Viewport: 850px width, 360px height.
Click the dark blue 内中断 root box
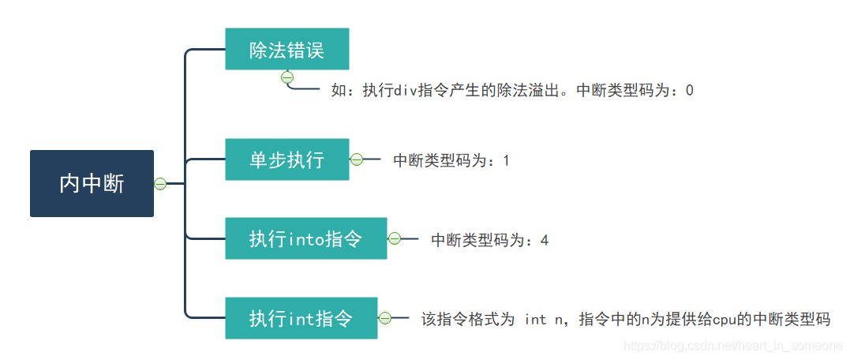(x=92, y=183)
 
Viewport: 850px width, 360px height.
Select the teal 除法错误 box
(x=286, y=49)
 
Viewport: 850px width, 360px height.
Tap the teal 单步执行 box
(x=286, y=159)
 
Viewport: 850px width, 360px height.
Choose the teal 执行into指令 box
(x=305, y=238)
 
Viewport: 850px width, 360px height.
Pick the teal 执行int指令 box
(x=301, y=318)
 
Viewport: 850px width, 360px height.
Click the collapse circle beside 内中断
(x=160, y=184)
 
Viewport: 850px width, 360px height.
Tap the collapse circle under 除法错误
(x=287, y=77)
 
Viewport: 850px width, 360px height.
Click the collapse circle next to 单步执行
(x=356, y=159)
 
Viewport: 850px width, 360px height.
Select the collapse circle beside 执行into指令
(x=394, y=238)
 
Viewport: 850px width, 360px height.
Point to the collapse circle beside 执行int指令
(x=385, y=318)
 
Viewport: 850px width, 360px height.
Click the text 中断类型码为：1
(x=451, y=160)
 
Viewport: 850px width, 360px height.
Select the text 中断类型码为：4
(x=489, y=240)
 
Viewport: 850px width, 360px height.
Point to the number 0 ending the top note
(x=689, y=91)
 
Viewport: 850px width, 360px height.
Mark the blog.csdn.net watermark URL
(x=732, y=347)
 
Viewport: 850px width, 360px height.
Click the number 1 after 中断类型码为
(x=506, y=161)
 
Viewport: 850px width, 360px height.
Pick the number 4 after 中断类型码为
(x=545, y=240)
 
